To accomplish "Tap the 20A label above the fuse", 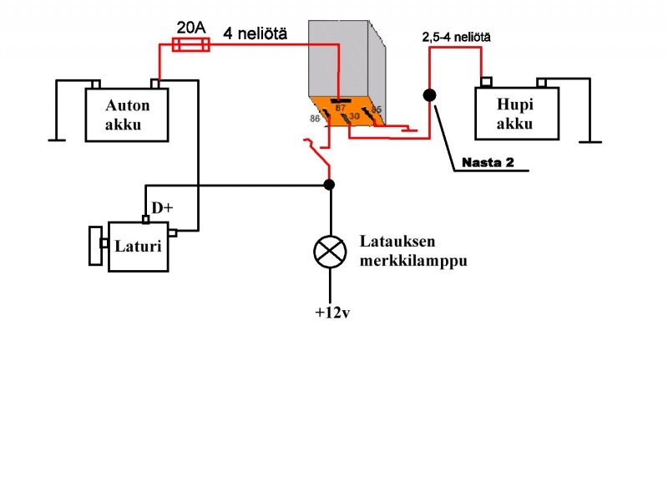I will tap(191, 27).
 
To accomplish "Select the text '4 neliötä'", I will tap(256, 34).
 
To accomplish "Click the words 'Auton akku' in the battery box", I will tap(127, 116).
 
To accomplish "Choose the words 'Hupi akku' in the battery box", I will tap(514, 116).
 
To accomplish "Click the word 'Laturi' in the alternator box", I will tap(138, 247).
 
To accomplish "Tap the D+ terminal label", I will tap(160, 208).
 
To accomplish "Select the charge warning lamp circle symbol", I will tap(330, 251).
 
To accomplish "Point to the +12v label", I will tap(331, 313).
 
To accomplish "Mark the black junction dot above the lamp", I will tap(330, 185).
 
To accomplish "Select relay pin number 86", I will tap(316, 120).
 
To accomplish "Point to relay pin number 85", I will tap(377, 110).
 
